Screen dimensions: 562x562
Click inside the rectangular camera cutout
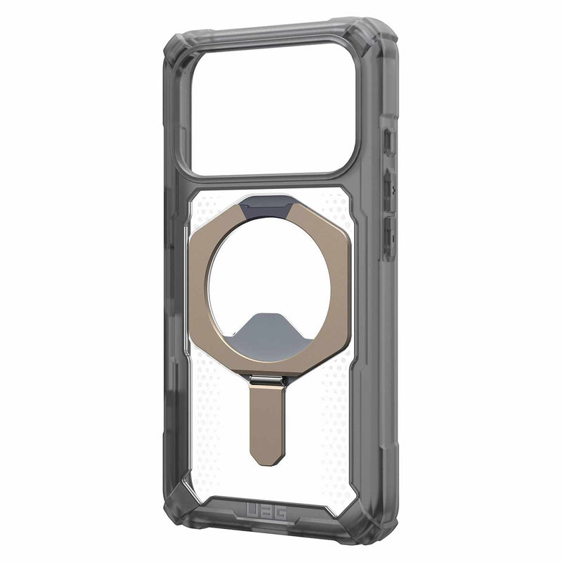click(x=273, y=112)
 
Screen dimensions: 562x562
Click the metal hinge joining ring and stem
click(x=265, y=380)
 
